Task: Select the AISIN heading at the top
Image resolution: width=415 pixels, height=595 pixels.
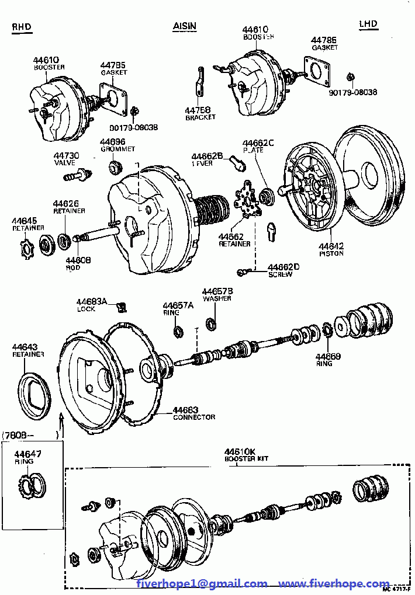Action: (x=185, y=26)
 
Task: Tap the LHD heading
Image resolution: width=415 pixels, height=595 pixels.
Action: (x=368, y=24)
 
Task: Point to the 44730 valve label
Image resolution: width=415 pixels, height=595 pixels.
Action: (x=66, y=156)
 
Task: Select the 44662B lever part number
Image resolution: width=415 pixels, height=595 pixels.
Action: (x=207, y=156)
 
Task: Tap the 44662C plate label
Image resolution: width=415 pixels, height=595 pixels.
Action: (x=258, y=143)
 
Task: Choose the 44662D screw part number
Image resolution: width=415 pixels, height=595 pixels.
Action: (x=283, y=267)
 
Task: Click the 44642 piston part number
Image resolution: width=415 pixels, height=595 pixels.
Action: (x=331, y=246)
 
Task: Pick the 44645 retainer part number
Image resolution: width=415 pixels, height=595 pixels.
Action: (x=25, y=221)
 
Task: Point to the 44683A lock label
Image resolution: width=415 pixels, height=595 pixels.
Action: (x=92, y=301)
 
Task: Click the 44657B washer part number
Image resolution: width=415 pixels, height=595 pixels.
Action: (x=217, y=291)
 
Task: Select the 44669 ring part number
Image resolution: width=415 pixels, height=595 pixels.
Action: (x=328, y=356)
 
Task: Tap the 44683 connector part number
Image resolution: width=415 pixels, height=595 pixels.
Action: (x=185, y=410)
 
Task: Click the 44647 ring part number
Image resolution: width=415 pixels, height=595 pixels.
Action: (x=28, y=454)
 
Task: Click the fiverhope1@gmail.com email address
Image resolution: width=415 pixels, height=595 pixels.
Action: (x=202, y=583)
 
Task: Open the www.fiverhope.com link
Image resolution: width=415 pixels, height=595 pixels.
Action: (x=334, y=583)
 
